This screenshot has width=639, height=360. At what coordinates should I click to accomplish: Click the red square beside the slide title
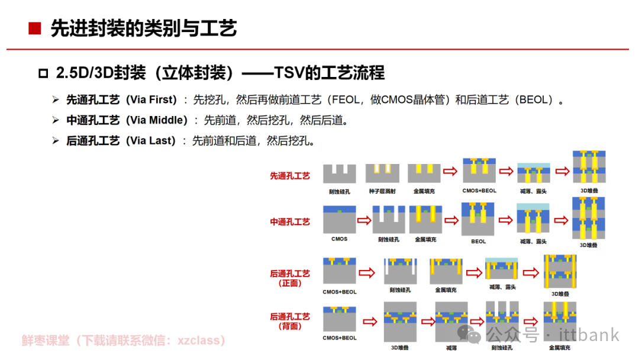pos(35,28)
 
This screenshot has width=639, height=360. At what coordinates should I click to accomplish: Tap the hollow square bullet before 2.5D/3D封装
pos(43,73)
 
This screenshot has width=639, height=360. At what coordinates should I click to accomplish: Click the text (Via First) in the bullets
pos(151,99)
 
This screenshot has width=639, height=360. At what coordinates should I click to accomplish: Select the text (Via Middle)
pos(157,120)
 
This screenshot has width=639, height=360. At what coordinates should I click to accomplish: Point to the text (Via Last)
pos(151,141)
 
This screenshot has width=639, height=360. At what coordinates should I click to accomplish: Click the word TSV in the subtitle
pos(289,73)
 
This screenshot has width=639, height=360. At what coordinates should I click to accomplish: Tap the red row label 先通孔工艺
pos(290,176)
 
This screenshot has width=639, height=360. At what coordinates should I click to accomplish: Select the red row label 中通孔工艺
pos(290,222)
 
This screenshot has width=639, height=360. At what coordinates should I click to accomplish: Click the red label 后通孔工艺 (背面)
pos(290,322)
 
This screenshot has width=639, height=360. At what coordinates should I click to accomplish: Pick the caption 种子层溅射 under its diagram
pos(382,191)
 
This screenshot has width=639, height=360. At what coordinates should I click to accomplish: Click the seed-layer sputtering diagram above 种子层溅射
pos(382,173)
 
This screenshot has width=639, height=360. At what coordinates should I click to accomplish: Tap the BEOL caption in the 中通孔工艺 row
pos(479,242)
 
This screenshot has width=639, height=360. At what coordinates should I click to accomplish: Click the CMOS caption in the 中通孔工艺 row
pos(340,239)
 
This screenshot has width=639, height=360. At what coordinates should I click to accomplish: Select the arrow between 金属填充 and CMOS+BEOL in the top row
pos(450,171)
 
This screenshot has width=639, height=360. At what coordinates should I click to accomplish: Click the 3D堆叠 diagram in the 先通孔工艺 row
pos(589,166)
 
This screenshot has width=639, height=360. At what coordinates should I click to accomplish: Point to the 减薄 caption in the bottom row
pos(451,348)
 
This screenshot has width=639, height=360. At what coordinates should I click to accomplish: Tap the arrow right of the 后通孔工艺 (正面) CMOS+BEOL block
pos(367,272)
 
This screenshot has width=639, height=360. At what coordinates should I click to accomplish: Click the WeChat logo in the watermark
pos(469,334)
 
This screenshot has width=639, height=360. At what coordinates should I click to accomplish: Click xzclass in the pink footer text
pos(198,340)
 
